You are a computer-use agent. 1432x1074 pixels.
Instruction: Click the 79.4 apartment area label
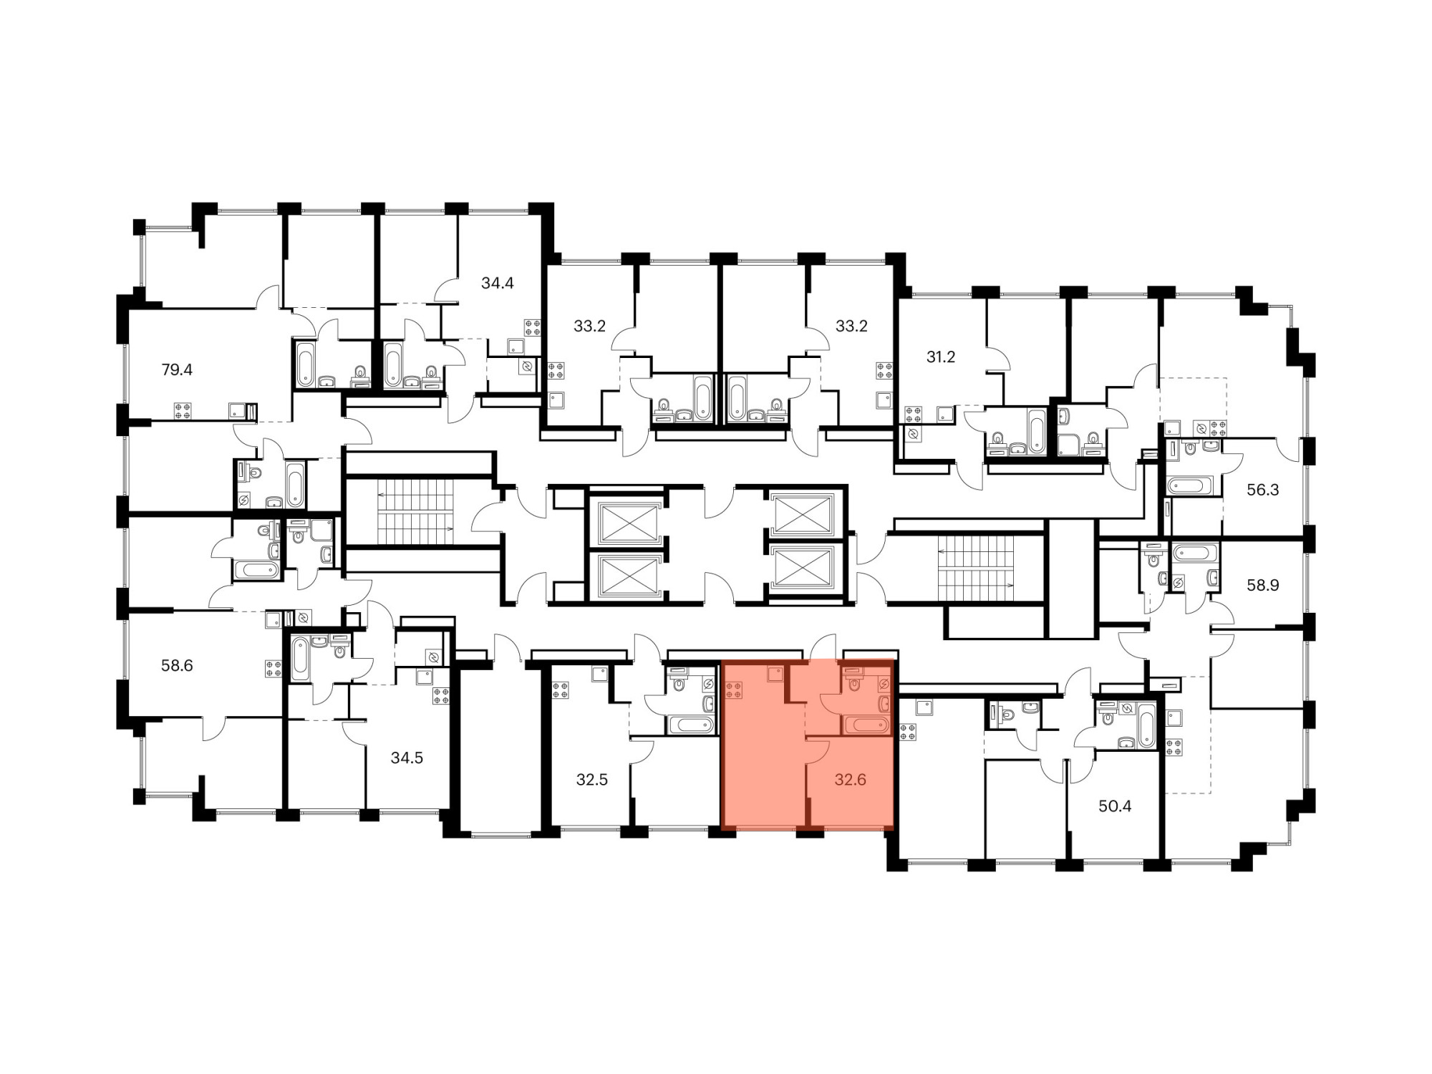tap(177, 370)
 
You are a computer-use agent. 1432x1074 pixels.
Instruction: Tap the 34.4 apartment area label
tap(498, 283)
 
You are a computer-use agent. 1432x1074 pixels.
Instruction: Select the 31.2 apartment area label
tap(941, 357)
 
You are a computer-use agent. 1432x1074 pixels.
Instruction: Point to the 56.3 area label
tap(1262, 490)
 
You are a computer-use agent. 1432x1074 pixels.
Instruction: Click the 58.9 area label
tap(1262, 585)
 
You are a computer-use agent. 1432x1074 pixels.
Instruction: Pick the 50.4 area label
tap(1115, 806)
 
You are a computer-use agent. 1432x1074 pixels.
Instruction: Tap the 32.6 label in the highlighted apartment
tap(851, 780)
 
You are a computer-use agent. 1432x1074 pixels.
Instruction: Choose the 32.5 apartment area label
tap(592, 780)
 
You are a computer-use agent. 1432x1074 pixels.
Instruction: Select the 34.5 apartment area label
tap(407, 758)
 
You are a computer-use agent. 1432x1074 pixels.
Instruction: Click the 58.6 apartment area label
tap(177, 666)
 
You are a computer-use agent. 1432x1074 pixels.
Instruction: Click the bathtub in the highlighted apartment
tap(866, 725)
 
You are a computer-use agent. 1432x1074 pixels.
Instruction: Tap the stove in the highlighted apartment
tap(734, 691)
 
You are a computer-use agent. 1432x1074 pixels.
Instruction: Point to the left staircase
tap(416, 512)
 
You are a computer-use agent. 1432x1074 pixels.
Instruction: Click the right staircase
tap(976, 569)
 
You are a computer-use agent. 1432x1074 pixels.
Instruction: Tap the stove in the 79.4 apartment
tap(182, 411)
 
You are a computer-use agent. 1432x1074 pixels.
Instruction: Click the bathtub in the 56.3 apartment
tap(1190, 486)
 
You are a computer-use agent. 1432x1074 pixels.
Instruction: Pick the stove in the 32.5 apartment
tap(561, 691)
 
